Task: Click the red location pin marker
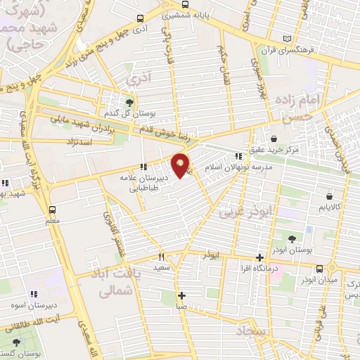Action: pyautogui.click(x=181, y=165)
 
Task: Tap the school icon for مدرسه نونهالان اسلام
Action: pyautogui.click(x=239, y=157)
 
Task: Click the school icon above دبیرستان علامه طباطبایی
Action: pyautogui.click(x=143, y=167)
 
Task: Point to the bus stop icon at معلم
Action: pyautogui.click(x=52, y=210)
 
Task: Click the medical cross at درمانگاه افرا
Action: pyautogui.click(x=260, y=257)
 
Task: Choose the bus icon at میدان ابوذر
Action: pyautogui.click(x=321, y=268)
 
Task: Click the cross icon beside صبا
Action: pyautogui.click(x=181, y=295)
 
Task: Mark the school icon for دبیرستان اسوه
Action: pyautogui.click(x=32, y=294)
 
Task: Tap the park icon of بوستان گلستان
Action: pyautogui.click(x=17, y=342)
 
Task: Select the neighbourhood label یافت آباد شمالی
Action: pyautogui.click(x=113, y=278)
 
